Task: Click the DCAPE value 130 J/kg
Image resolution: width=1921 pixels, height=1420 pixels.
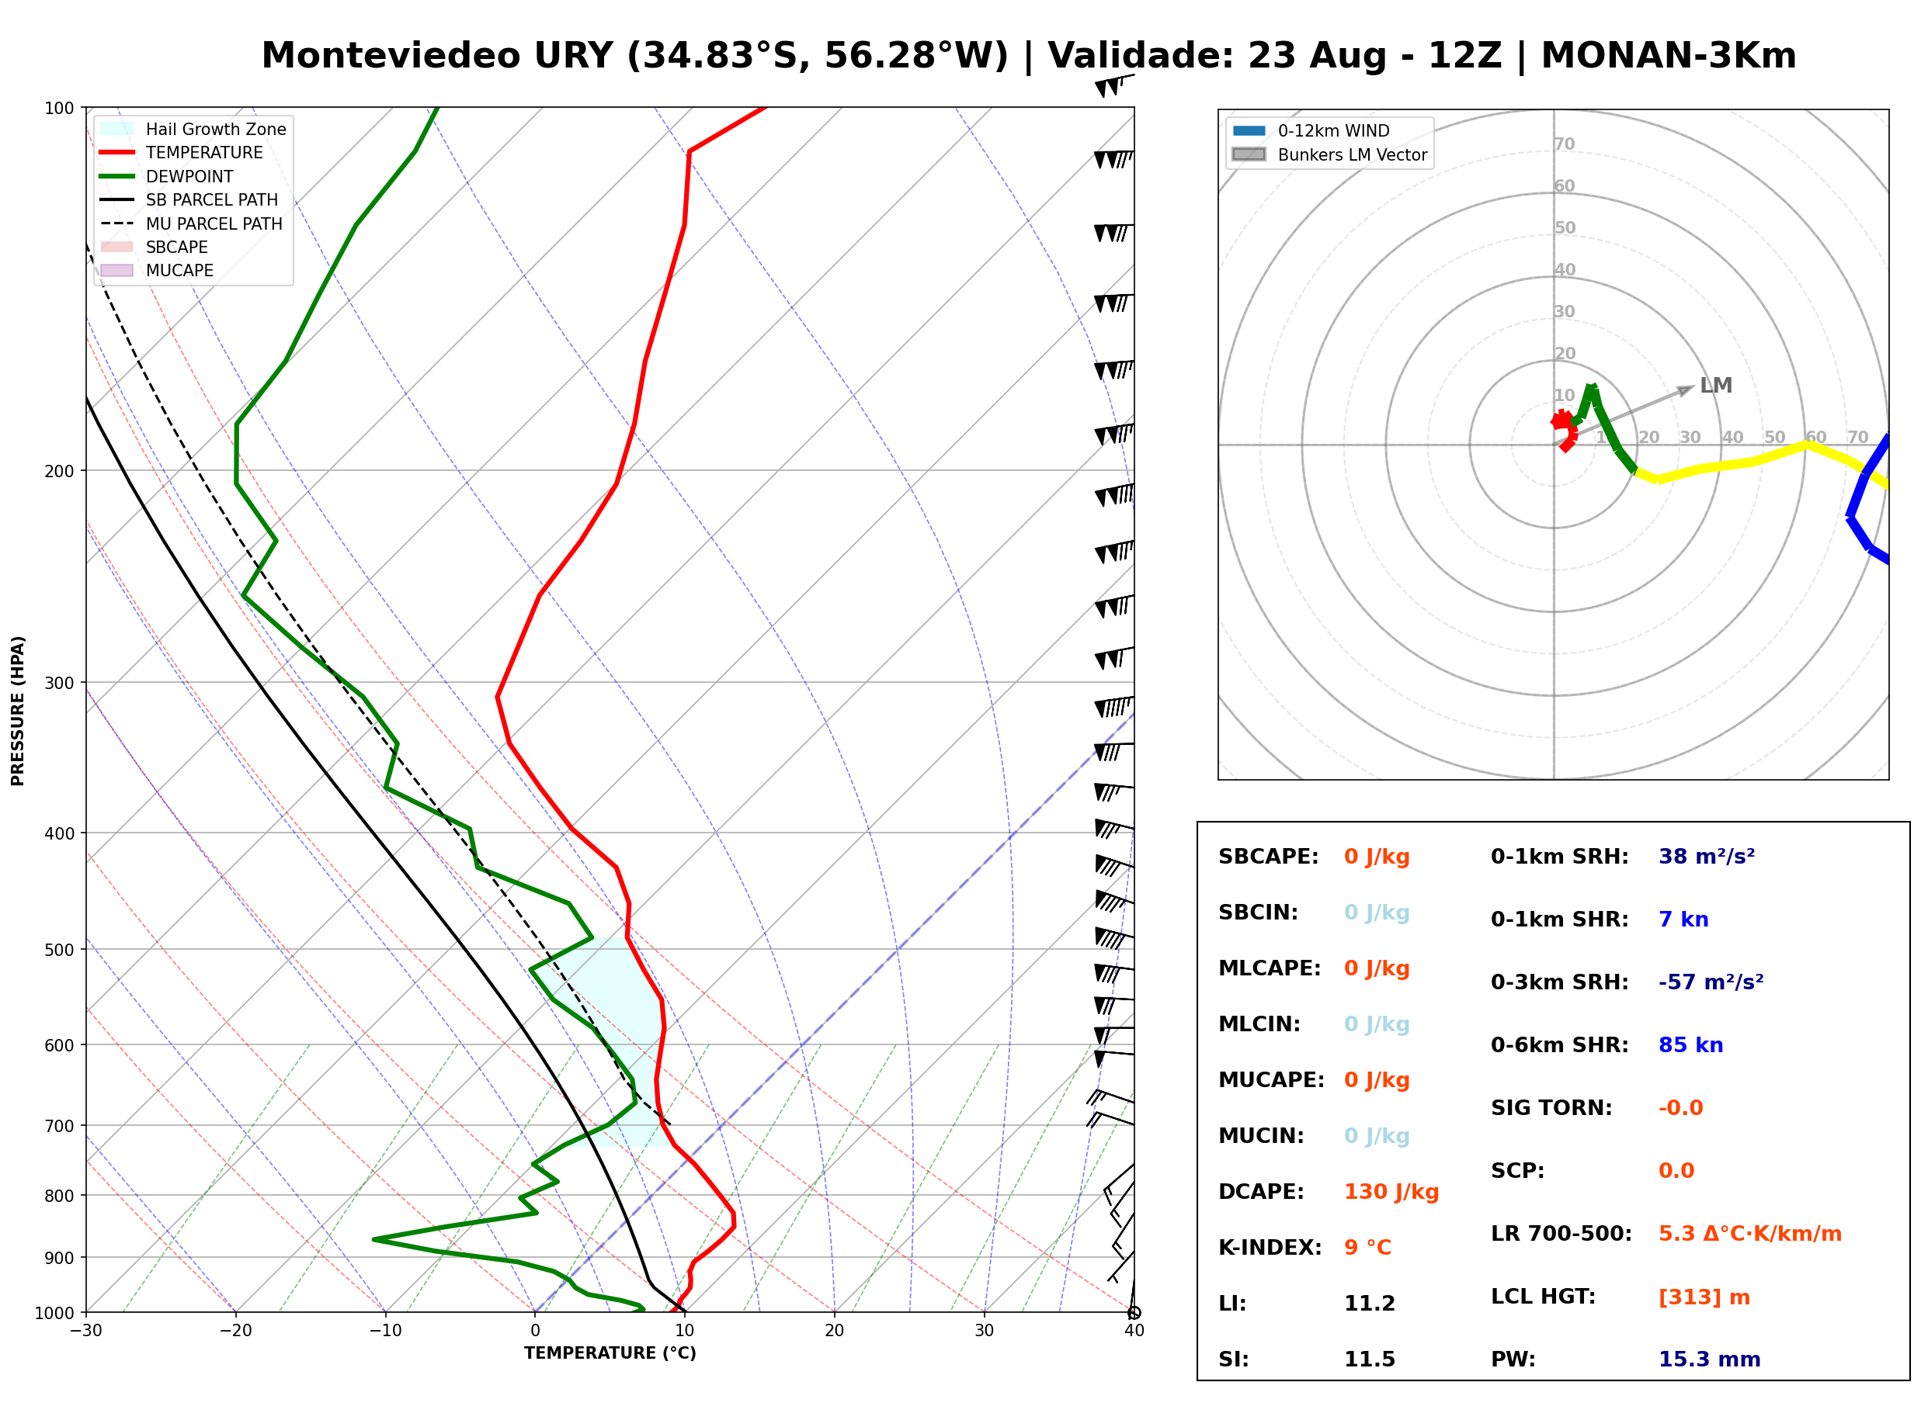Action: click(x=1391, y=1192)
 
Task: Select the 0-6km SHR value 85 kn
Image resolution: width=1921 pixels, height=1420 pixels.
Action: click(x=1690, y=1045)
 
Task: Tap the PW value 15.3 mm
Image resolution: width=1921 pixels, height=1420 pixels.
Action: click(x=1710, y=1359)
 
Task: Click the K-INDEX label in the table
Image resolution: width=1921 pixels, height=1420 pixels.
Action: click(x=1270, y=1248)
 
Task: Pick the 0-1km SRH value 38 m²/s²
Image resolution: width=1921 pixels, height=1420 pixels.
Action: click(x=1707, y=856)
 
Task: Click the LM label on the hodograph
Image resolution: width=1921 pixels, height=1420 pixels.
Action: click(x=1715, y=385)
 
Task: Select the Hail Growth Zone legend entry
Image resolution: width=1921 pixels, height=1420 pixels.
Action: click(x=193, y=129)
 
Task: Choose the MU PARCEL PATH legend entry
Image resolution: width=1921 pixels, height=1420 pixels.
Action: click(x=192, y=223)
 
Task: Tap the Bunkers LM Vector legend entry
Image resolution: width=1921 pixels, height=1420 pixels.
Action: click(x=1329, y=154)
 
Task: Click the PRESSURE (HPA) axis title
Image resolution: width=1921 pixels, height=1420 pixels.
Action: click(x=18, y=711)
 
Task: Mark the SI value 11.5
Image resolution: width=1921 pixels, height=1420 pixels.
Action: click(x=1370, y=1359)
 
